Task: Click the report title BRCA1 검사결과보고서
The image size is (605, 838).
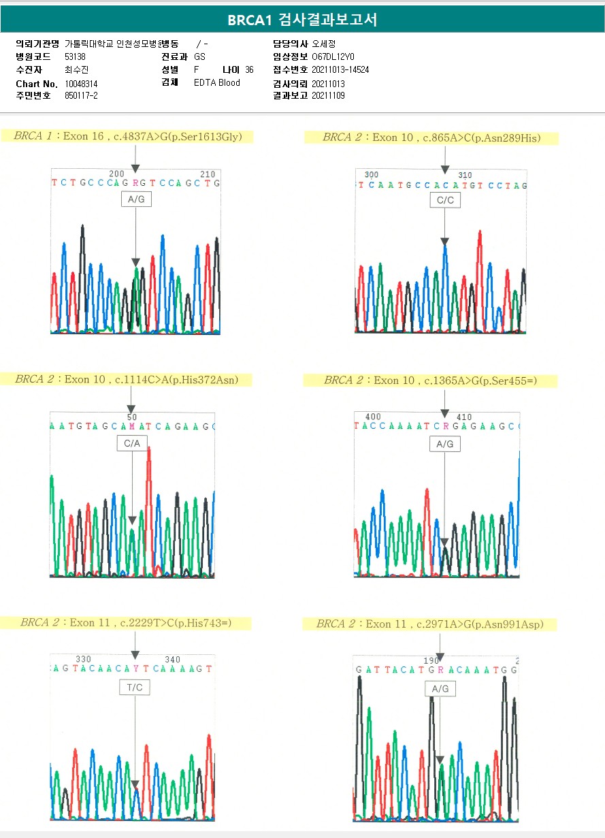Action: (302, 20)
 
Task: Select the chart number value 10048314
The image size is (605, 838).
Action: (81, 84)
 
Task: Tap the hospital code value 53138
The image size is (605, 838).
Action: (75, 57)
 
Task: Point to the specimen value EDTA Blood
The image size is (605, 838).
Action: (216, 83)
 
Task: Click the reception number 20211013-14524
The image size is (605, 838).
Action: (340, 70)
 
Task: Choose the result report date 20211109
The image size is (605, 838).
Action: (328, 96)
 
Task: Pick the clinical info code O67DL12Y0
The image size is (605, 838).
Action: (333, 57)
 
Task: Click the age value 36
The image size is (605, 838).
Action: (249, 70)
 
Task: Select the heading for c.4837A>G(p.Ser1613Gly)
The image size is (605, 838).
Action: (133, 137)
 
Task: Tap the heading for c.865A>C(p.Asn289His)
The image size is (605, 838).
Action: (431, 138)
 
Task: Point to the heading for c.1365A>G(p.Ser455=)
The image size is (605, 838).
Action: (430, 381)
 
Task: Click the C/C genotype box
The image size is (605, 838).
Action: (445, 200)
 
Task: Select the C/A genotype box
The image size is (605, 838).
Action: (132, 444)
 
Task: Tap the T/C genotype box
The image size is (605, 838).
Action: (135, 688)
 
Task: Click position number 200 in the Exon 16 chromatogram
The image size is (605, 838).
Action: (117, 174)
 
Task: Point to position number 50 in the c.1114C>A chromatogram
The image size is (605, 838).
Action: (132, 417)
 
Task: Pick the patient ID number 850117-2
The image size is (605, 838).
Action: (81, 96)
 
